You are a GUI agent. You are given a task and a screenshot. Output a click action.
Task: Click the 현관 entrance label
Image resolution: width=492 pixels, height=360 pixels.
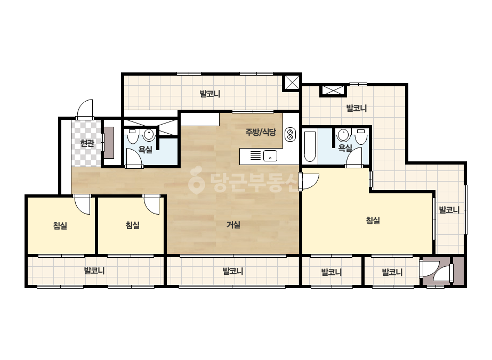[x=87, y=143]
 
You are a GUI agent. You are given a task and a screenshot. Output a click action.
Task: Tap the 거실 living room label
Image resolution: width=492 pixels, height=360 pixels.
[x=233, y=225]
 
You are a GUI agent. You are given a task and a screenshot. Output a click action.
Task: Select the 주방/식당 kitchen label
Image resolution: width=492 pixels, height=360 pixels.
[x=261, y=132]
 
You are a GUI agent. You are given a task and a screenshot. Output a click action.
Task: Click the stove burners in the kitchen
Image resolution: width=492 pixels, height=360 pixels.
[x=290, y=134]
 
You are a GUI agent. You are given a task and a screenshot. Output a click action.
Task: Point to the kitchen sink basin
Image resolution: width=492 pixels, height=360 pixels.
[x=270, y=156]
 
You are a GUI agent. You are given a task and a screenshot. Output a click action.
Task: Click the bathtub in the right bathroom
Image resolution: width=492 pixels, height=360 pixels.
[x=310, y=146]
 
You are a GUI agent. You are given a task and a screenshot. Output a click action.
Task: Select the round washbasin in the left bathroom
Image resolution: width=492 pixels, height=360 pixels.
[x=149, y=135]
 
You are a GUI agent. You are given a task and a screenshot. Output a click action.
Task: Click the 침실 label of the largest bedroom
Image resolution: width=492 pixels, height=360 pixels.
[x=373, y=220]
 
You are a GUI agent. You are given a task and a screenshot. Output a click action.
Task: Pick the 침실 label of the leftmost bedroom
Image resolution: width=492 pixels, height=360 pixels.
[x=60, y=225]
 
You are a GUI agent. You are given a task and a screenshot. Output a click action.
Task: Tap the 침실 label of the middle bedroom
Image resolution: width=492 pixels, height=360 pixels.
[x=132, y=225]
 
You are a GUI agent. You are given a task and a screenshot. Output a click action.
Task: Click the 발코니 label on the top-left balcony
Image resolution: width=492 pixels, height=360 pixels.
[x=210, y=93]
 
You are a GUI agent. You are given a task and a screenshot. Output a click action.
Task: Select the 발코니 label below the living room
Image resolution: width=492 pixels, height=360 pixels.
[x=233, y=271]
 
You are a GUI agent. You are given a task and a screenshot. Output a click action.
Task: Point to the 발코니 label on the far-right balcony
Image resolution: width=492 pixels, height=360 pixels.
[x=449, y=209]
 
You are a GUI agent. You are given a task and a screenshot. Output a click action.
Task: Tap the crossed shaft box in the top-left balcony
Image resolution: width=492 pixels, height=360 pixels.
[x=292, y=82]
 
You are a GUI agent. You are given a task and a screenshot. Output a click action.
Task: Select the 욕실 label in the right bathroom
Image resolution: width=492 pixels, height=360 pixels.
[x=345, y=148]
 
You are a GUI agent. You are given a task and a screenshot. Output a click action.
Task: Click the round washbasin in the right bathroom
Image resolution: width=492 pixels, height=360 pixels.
[x=344, y=135]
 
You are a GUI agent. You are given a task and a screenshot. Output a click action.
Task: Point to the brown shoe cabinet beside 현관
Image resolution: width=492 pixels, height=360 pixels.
[x=109, y=142]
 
